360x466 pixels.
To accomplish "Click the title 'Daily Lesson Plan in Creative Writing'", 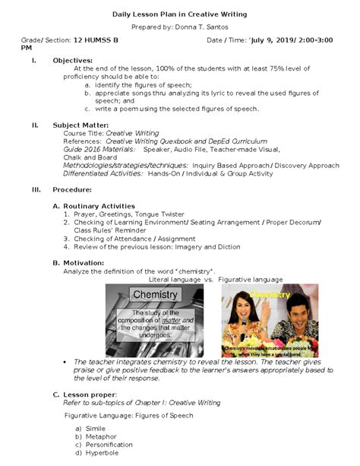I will coord(179,14).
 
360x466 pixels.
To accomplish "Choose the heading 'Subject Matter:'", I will coord(81,125).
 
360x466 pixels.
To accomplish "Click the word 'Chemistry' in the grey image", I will coord(155,294).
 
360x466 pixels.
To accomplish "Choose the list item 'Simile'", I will coord(96,429).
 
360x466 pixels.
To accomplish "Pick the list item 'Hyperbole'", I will coord(102,453).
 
